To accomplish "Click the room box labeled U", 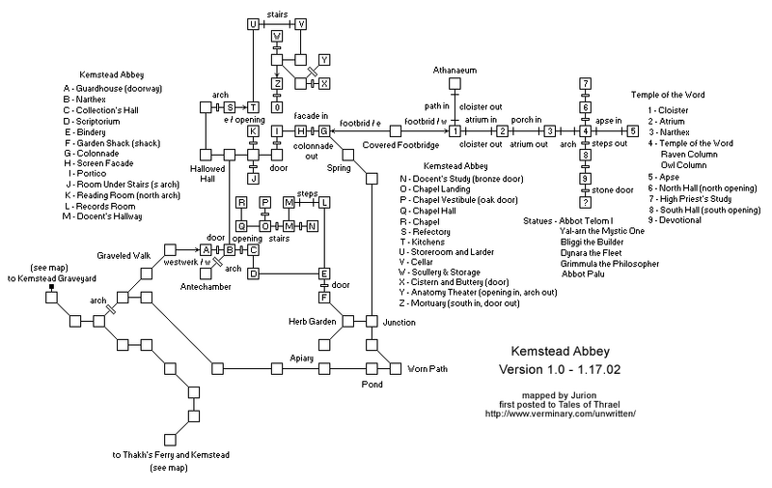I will (253, 23).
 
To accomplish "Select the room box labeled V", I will (300, 23).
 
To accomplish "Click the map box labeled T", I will (253, 106).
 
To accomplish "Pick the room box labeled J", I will (253, 177).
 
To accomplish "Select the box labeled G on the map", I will (324, 130).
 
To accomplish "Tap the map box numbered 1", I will (453, 130).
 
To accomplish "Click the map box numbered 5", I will (632, 130).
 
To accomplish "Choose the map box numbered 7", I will (585, 83).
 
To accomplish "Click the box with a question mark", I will (585, 201).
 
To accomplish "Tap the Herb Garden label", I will (309, 320).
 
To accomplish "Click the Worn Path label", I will (427, 369).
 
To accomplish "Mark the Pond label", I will (372, 385).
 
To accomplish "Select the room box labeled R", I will (241, 202).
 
